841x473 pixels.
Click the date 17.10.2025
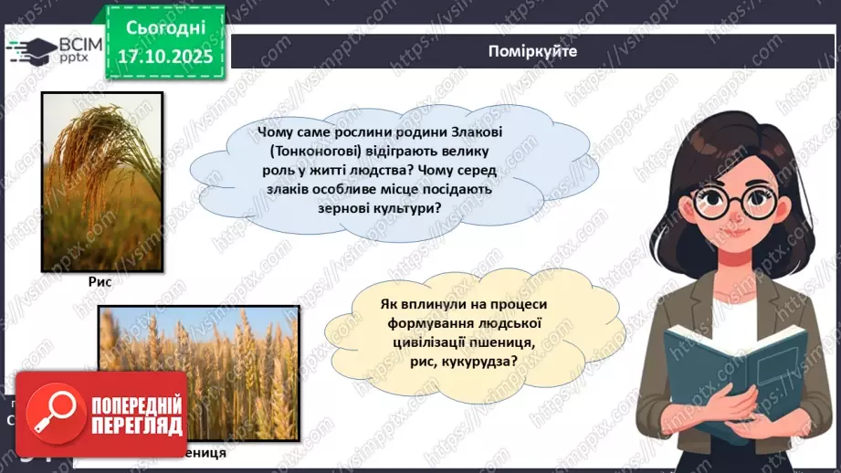(x=164, y=57)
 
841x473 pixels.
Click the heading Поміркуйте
(x=532, y=51)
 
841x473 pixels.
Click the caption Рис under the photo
(x=100, y=283)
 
